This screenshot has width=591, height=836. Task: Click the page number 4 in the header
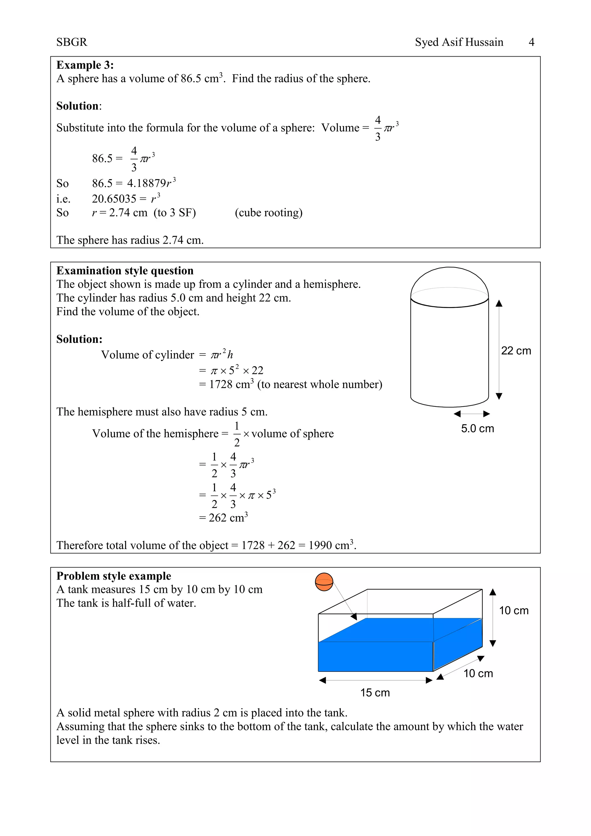(531, 42)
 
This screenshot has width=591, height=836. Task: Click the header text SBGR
(72, 42)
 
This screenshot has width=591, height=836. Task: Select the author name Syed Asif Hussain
(459, 42)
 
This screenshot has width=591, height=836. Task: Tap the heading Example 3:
(85, 65)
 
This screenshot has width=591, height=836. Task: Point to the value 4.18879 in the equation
(146, 183)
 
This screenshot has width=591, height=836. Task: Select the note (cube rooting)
(269, 213)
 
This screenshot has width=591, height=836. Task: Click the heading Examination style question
(125, 270)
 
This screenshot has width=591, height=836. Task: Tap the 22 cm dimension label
(516, 351)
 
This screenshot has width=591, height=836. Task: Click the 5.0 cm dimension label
(478, 429)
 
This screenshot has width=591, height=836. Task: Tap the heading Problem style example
(113, 576)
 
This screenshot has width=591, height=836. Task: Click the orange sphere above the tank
(324, 582)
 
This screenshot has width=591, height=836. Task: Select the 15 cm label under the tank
(375, 693)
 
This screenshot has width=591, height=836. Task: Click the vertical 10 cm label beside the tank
(513, 611)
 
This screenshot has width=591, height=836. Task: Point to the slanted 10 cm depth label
(478, 673)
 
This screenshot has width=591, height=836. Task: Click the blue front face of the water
(375, 656)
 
